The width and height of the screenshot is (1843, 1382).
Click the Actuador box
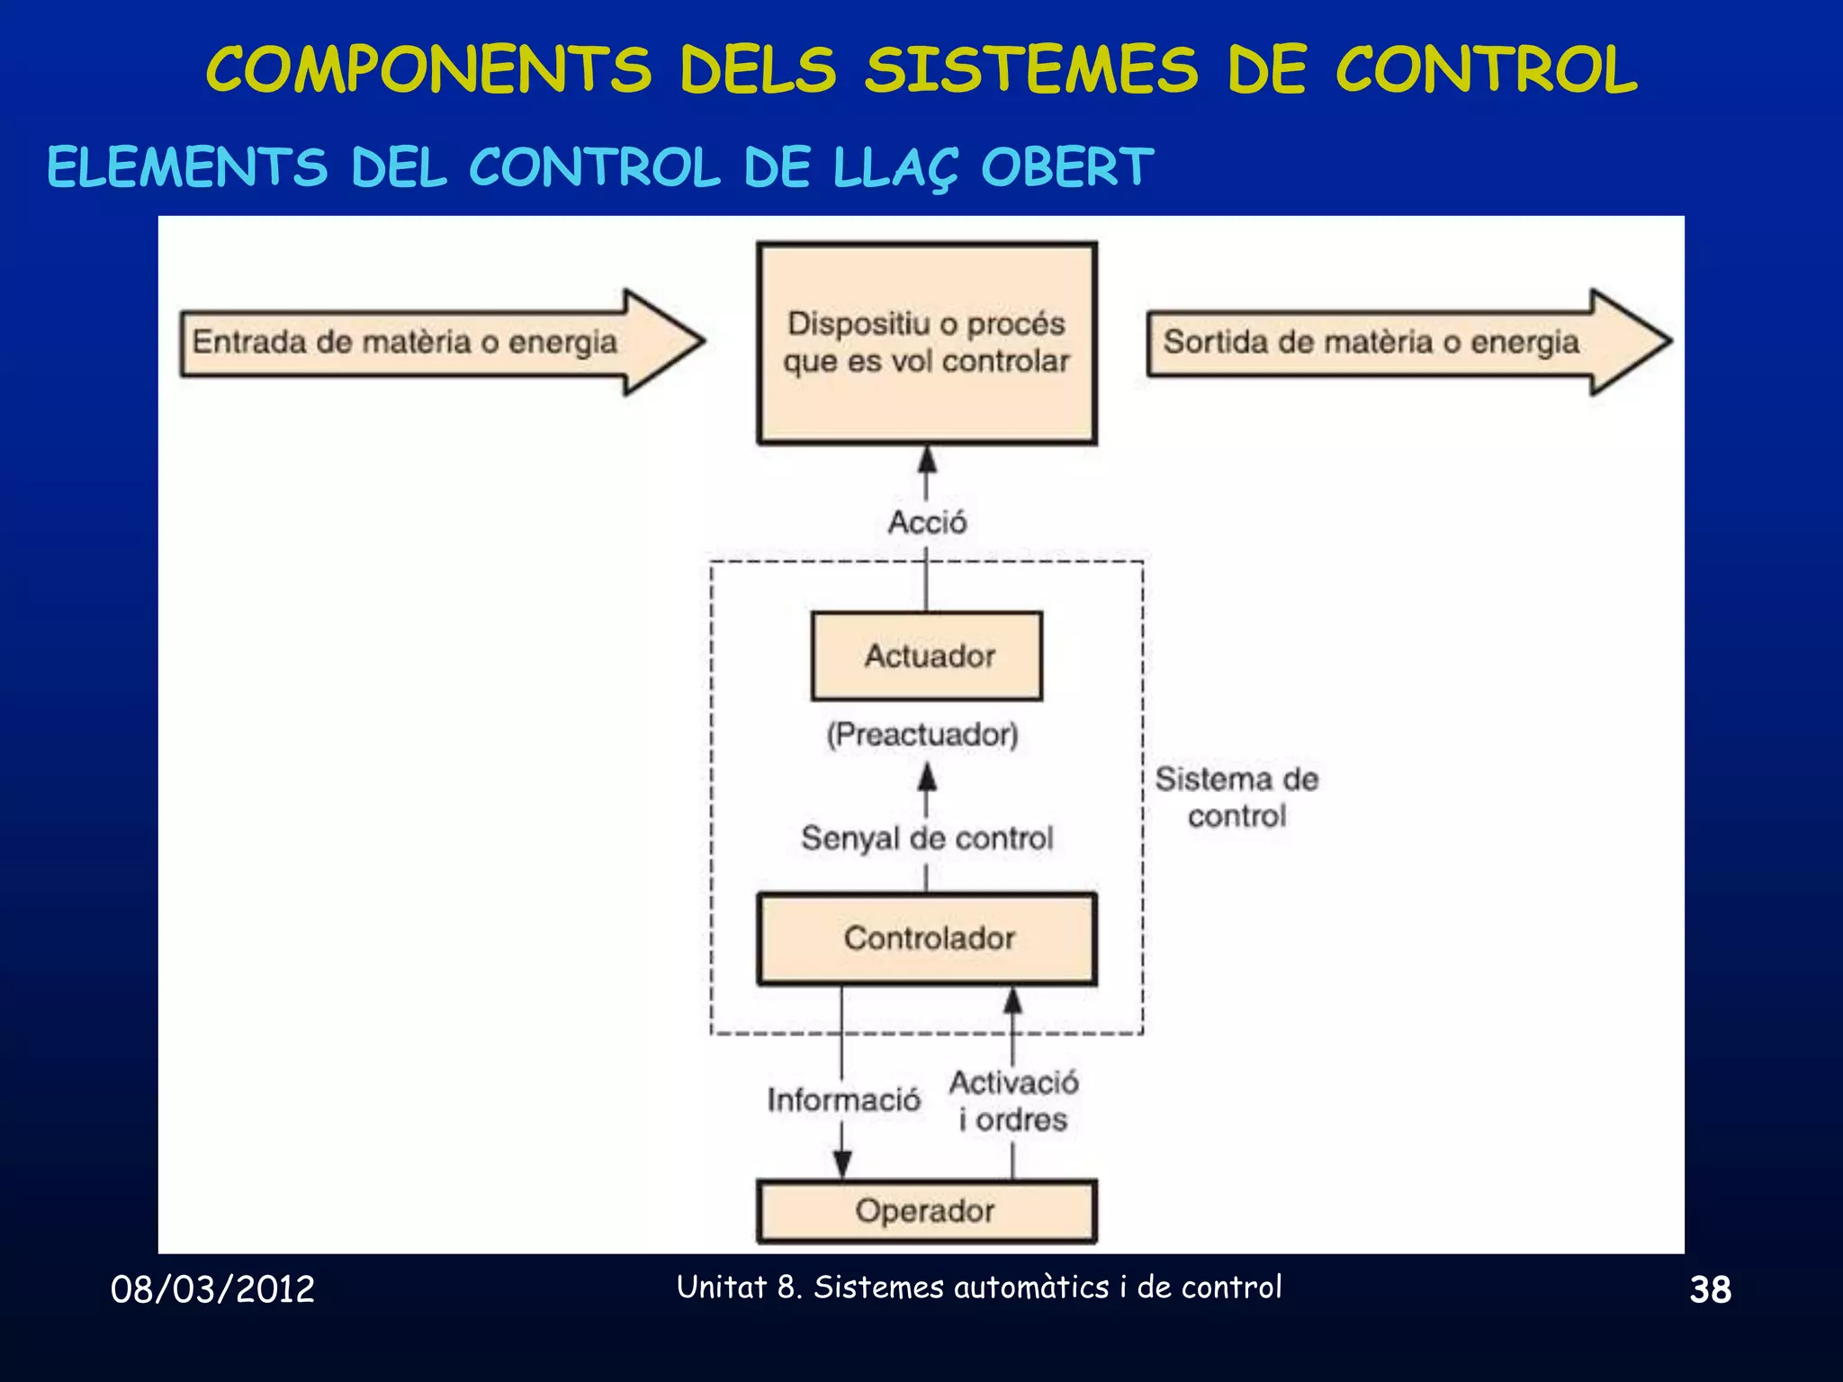tap(927, 656)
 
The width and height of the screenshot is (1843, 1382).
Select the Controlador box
tap(927, 938)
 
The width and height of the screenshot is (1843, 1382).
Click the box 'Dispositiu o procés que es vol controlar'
tap(927, 343)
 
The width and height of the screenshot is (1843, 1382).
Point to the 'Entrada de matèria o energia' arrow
tap(441, 342)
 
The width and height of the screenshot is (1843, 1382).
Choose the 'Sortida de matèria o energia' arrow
tap(1408, 342)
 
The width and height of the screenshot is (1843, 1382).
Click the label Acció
tap(927, 523)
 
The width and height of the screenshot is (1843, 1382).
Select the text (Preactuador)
tap(922, 734)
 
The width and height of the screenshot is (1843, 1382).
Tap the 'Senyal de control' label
tap(927, 839)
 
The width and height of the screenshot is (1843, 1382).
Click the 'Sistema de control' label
tap(1236, 797)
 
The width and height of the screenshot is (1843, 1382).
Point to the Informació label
tap(843, 1099)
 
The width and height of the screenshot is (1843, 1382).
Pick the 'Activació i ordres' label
tap(1013, 1100)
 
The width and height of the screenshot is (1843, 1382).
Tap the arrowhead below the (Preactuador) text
tap(927, 777)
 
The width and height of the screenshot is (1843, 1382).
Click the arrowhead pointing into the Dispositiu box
tap(927, 460)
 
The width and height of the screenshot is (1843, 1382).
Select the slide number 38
tap(1710, 1289)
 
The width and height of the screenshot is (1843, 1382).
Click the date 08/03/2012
tap(212, 1289)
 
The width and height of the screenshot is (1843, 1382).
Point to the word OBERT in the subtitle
tap(1066, 167)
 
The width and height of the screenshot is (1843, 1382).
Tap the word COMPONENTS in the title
tap(428, 70)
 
